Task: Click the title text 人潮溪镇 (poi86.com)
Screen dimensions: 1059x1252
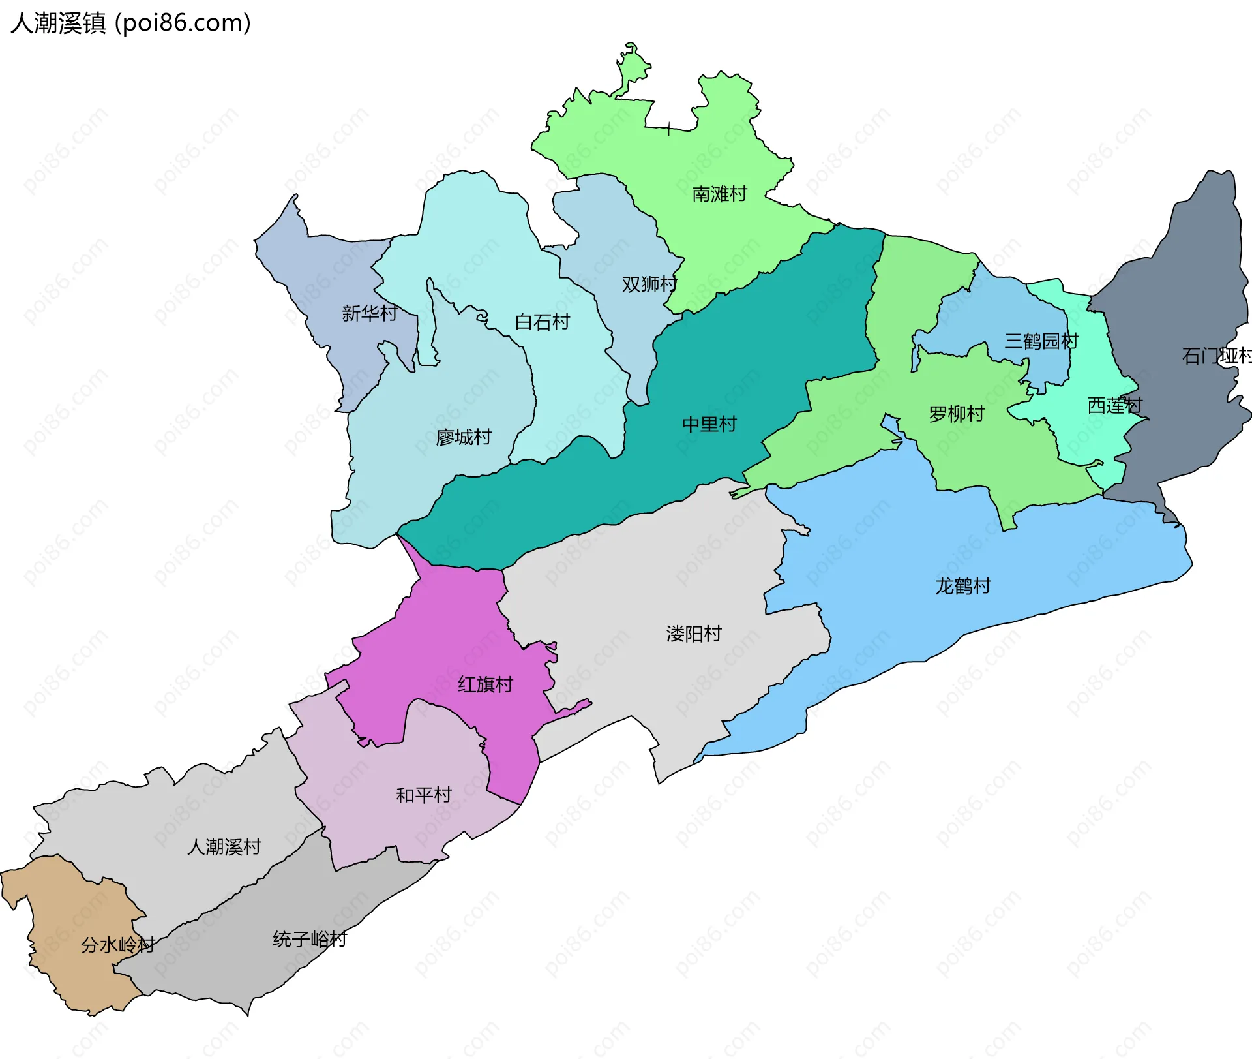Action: (x=130, y=23)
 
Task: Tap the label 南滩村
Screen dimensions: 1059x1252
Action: (x=719, y=194)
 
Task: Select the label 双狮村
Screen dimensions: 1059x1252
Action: (x=649, y=284)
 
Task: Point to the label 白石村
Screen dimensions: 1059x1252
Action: (x=542, y=322)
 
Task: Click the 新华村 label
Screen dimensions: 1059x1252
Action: (x=369, y=313)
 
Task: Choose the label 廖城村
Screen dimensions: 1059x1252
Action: (x=463, y=437)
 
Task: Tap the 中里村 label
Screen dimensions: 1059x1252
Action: (x=709, y=424)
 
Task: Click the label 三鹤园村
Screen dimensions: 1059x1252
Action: (x=1041, y=341)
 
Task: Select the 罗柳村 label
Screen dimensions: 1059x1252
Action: (x=956, y=414)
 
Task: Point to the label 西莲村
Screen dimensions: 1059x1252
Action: (x=1114, y=405)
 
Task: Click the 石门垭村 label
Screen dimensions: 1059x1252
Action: (x=1216, y=356)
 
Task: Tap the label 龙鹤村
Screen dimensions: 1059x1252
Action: (x=962, y=585)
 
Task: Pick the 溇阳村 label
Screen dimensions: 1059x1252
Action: (x=693, y=634)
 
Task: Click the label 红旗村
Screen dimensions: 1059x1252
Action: (x=485, y=684)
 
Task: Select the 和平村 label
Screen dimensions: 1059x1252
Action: (x=423, y=795)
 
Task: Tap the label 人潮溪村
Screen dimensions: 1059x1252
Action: (x=224, y=847)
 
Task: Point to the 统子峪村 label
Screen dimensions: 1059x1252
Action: (x=310, y=939)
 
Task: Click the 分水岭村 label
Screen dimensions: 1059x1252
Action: (x=117, y=944)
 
